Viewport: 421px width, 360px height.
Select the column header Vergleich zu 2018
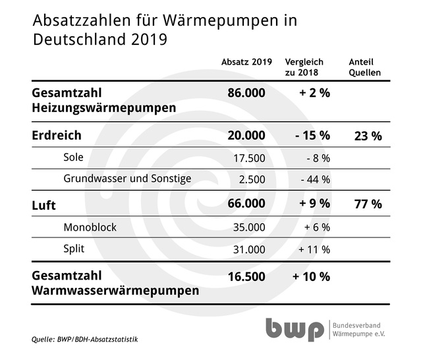point(304,67)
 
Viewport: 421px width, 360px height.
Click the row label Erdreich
point(57,135)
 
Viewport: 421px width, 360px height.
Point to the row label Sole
point(74,158)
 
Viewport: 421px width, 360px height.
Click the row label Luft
point(43,204)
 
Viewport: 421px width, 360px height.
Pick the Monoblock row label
point(90,227)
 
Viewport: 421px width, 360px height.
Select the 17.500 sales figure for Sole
point(250,158)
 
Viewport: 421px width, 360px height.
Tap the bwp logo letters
point(295,330)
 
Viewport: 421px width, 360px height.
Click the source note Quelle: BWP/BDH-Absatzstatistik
point(85,340)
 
